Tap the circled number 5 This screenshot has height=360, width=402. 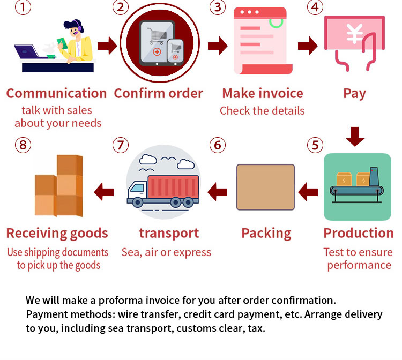315,145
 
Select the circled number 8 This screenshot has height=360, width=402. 22,145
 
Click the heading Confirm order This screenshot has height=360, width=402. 158,93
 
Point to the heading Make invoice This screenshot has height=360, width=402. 263,93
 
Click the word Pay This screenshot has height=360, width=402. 354,93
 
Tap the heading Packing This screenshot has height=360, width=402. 266,233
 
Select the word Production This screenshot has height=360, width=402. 358,233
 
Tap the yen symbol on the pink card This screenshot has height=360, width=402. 354,33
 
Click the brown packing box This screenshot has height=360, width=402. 266,186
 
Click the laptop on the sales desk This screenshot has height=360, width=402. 27,52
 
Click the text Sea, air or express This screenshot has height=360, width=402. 166,252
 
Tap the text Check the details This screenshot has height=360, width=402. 262,111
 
